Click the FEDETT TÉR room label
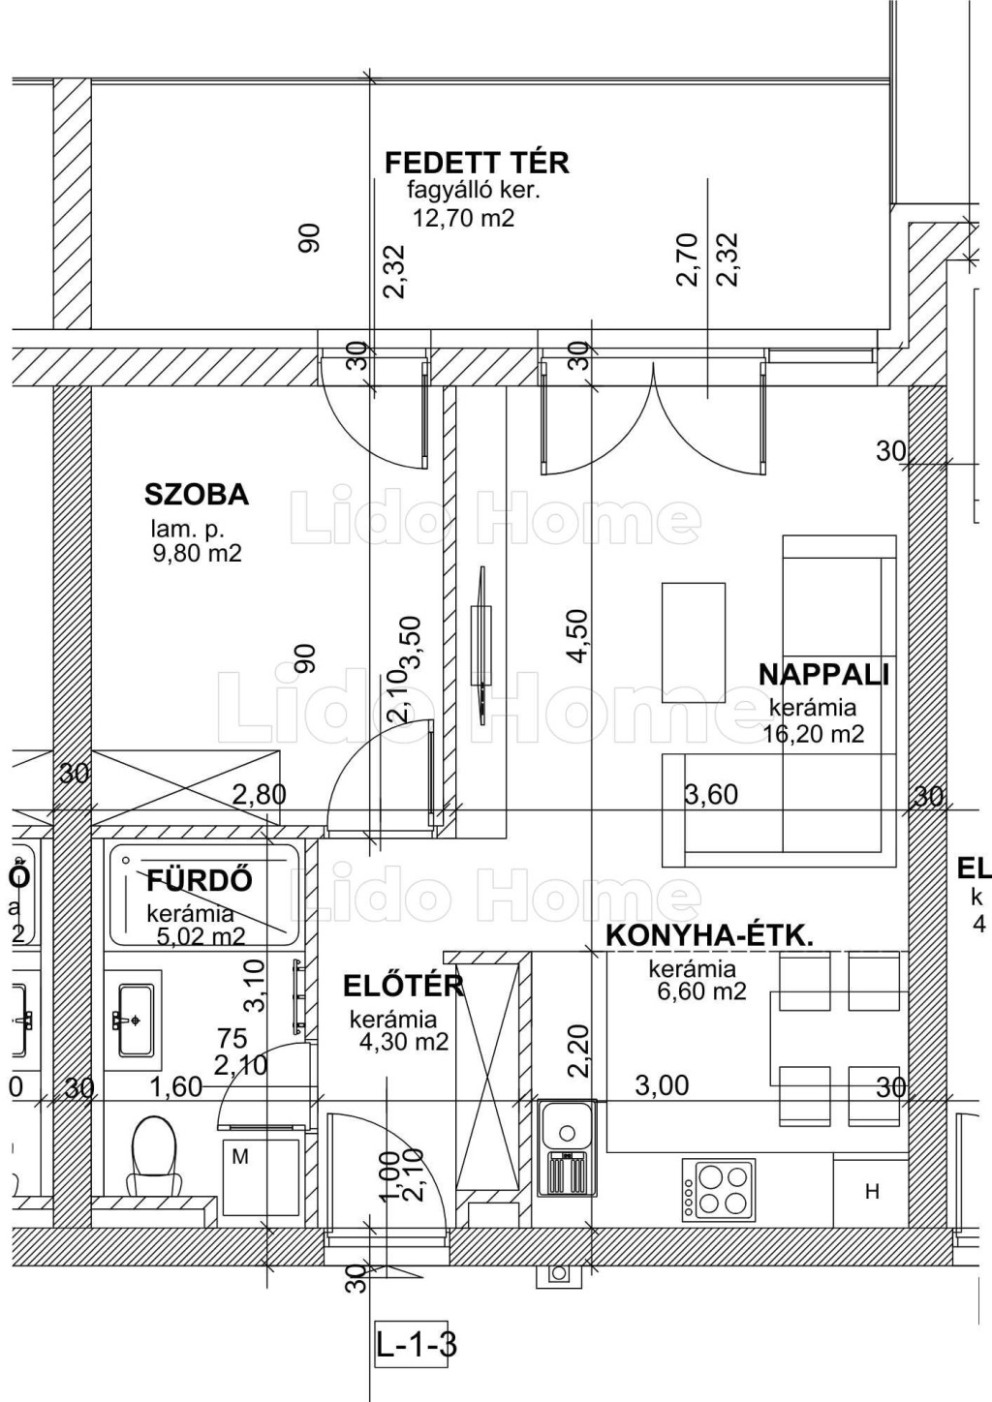point(478,163)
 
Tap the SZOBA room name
point(197,495)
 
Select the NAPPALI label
point(824,675)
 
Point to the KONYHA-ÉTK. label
point(710,936)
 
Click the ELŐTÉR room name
point(403,986)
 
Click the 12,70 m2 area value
point(463,218)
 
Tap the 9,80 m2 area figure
point(198,553)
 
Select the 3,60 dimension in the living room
point(711,795)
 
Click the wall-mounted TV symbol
point(480,645)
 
